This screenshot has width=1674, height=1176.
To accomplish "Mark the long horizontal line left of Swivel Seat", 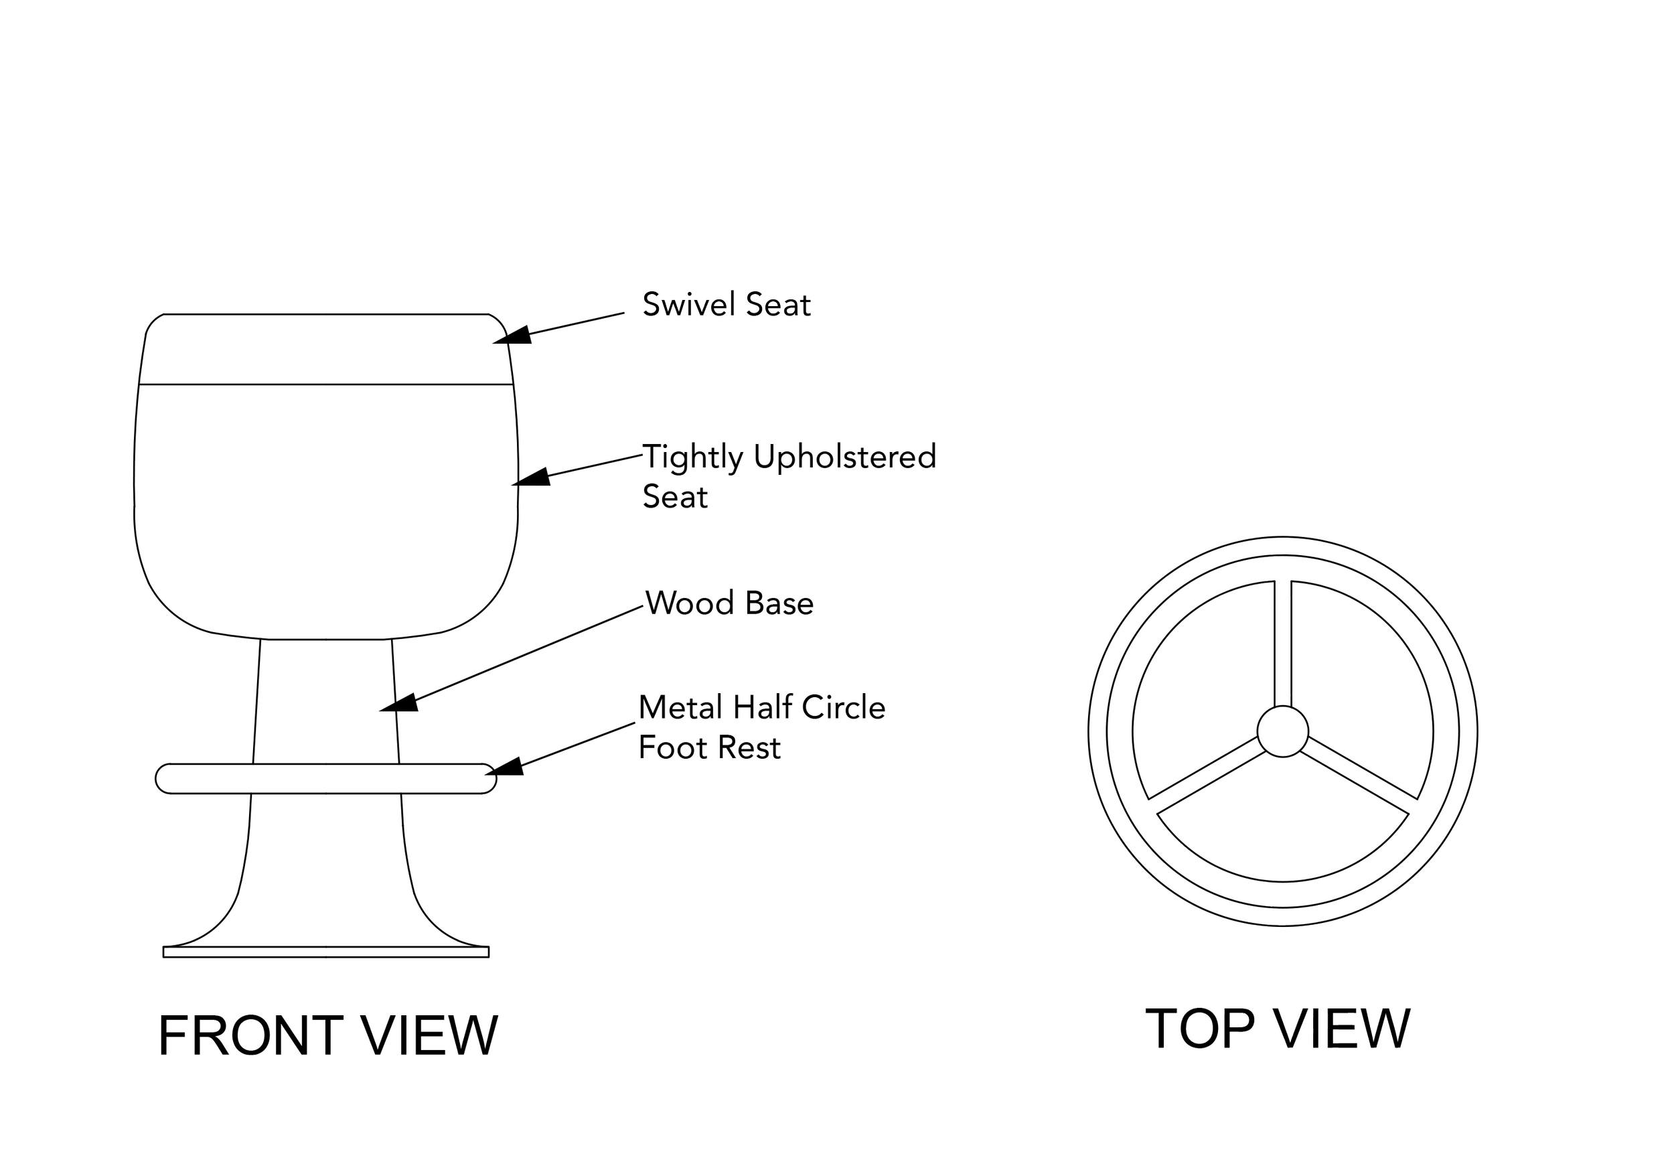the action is click(325, 312).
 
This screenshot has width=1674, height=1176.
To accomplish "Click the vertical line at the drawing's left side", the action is click(132, 477).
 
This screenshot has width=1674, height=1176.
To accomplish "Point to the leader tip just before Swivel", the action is click(621, 311).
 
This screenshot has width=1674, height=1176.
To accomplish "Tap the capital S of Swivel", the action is click(650, 303).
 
